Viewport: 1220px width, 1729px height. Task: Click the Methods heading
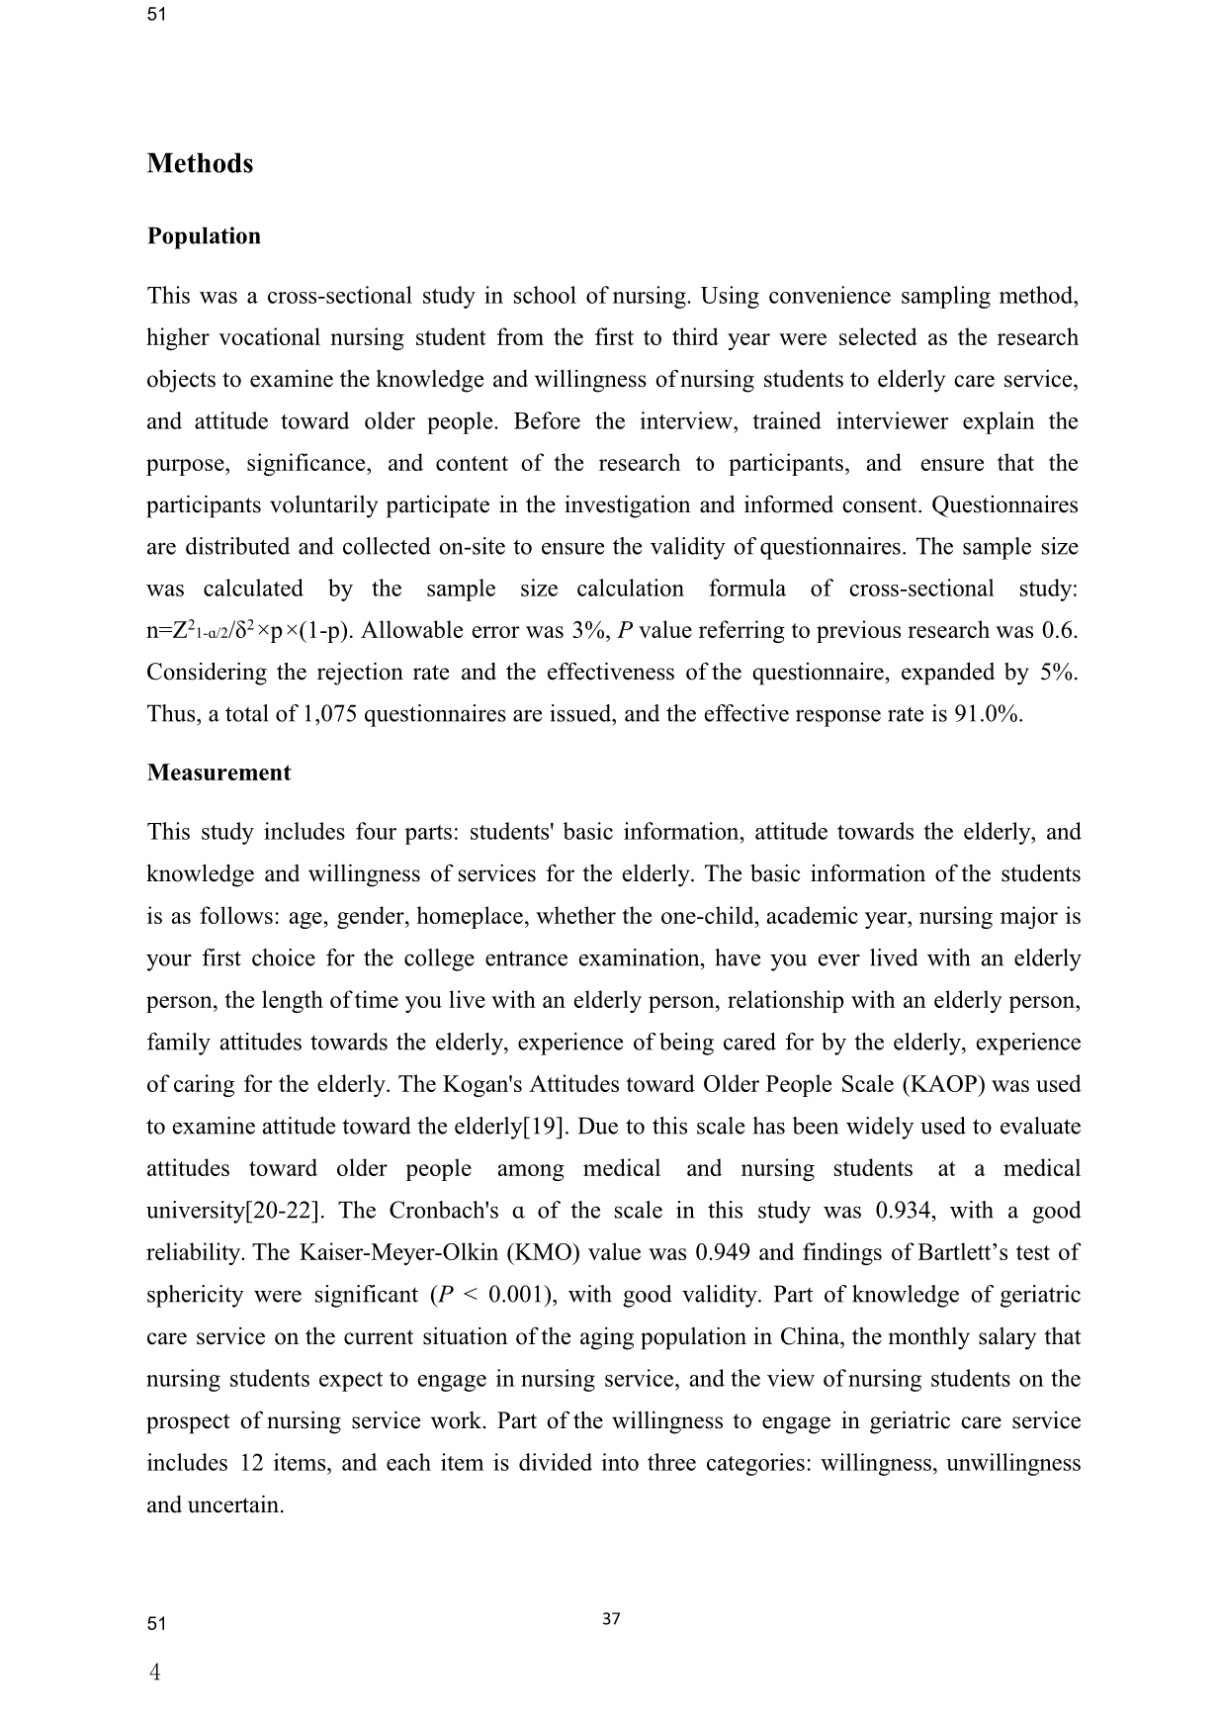[x=200, y=163]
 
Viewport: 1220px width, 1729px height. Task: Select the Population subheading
[x=204, y=236]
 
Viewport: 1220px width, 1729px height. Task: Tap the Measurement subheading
[x=218, y=773]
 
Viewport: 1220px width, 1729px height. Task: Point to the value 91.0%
[x=988, y=714]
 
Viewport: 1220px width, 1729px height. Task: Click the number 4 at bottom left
[x=154, y=1673]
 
